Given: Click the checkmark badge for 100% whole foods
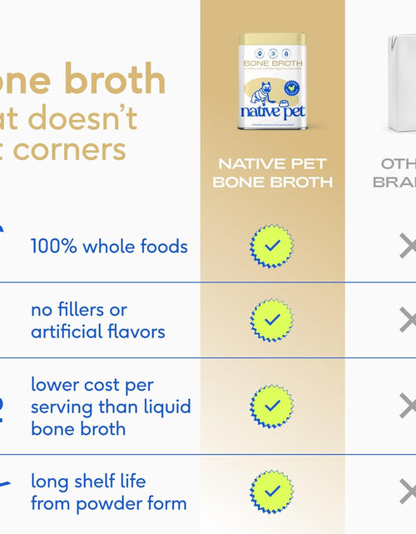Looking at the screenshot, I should point(272,247).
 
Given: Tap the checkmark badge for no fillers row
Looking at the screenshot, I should point(272,320).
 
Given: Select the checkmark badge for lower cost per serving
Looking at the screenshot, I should point(272,406).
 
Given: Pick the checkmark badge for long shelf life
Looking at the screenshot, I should point(272,492).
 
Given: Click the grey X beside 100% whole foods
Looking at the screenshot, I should point(408,247).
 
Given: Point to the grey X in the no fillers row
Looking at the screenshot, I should point(408,320).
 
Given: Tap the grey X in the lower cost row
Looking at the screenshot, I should point(408,406).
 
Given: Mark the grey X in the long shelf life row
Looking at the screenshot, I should point(408,492).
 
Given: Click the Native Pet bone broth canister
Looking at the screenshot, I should point(272,81).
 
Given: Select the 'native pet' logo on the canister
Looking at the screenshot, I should point(272,112).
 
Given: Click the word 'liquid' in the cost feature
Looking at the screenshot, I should point(166,407).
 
